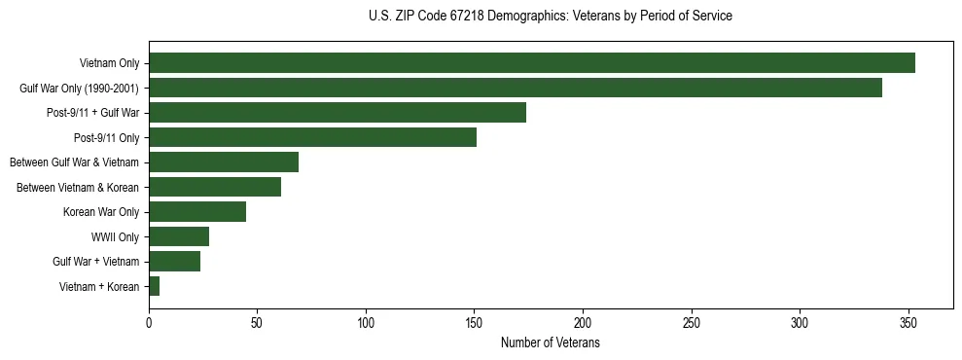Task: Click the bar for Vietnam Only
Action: click(x=531, y=63)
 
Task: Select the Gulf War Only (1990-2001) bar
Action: click(x=515, y=88)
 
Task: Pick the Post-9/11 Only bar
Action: click(x=312, y=137)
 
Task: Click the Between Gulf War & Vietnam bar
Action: click(x=224, y=162)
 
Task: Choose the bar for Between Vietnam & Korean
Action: click(x=215, y=187)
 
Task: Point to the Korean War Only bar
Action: click(x=197, y=211)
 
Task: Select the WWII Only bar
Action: click(x=179, y=236)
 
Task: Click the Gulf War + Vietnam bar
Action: click(x=174, y=261)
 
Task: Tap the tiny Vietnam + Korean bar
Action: click(x=154, y=286)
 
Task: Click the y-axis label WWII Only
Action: click(x=115, y=236)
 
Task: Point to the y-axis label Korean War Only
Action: click(x=101, y=211)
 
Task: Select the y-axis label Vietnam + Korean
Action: click(x=99, y=286)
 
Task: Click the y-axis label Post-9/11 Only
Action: click(x=107, y=137)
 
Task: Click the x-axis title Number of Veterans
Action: click(x=550, y=343)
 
